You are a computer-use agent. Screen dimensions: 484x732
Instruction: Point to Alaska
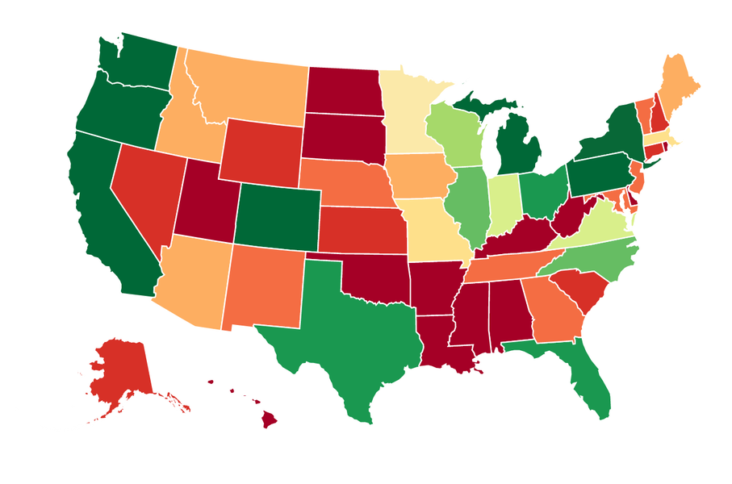[121, 371]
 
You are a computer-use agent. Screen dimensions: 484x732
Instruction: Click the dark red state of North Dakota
[343, 89]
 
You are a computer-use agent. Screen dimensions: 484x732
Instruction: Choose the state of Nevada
[145, 186]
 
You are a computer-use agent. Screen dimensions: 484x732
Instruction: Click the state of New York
[613, 133]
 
